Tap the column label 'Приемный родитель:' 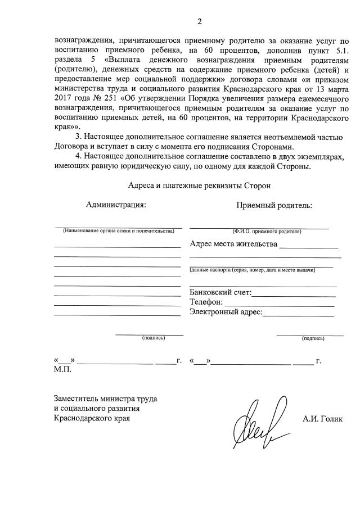pos(274,205)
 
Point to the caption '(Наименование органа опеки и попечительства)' pos(119,231)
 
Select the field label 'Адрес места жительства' pos(234,245)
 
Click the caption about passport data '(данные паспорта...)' pos(253,270)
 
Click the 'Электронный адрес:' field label pos(226,312)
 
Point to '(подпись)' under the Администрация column pos(154,338)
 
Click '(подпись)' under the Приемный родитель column pos(313,338)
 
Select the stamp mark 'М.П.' pos(62,370)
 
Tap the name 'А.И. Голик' pos(322,419)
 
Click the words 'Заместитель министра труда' pos(105,399)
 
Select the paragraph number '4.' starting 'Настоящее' pos(79,157)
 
